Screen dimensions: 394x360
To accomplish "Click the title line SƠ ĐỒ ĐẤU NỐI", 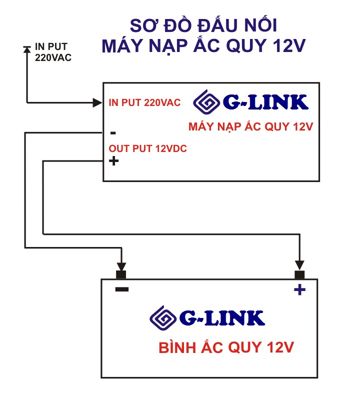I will [x=203, y=25].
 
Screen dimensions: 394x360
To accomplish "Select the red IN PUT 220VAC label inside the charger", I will [x=144, y=103].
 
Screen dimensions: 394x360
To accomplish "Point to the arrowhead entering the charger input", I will [x=98, y=103].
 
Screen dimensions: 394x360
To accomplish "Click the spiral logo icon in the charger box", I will [x=206, y=102].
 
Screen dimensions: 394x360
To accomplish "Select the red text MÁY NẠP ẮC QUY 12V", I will [x=250, y=126].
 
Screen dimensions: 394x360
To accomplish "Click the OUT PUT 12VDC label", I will [x=148, y=148].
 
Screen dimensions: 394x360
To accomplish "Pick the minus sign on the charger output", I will [x=113, y=133].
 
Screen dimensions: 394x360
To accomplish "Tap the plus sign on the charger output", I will [x=113, y=161].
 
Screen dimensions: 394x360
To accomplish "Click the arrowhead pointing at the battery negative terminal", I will [x=120, y=265].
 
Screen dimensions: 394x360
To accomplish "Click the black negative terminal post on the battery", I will [x=120, y=274].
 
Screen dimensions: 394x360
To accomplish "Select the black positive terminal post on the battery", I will [x=299, y=274].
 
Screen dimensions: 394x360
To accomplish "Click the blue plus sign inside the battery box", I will [x=299, y=289].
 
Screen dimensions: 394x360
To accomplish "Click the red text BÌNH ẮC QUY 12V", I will [x=226, y=347].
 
